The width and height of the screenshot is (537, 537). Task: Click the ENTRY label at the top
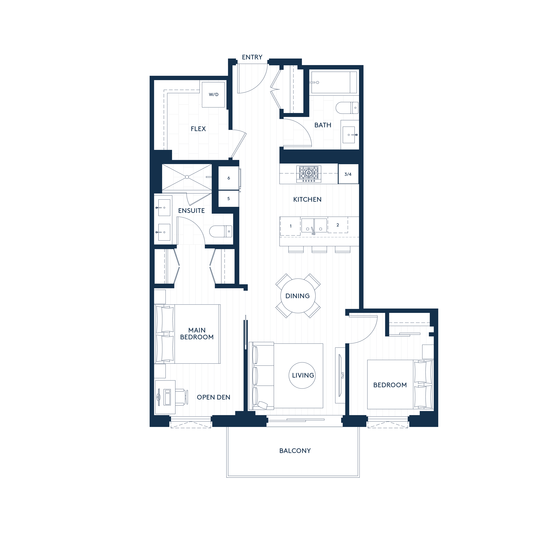(252, 57)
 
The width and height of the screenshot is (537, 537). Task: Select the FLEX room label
(198, 129)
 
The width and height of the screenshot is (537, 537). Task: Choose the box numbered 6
(228, 178)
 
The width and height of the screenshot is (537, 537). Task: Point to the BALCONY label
(295, 451)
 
